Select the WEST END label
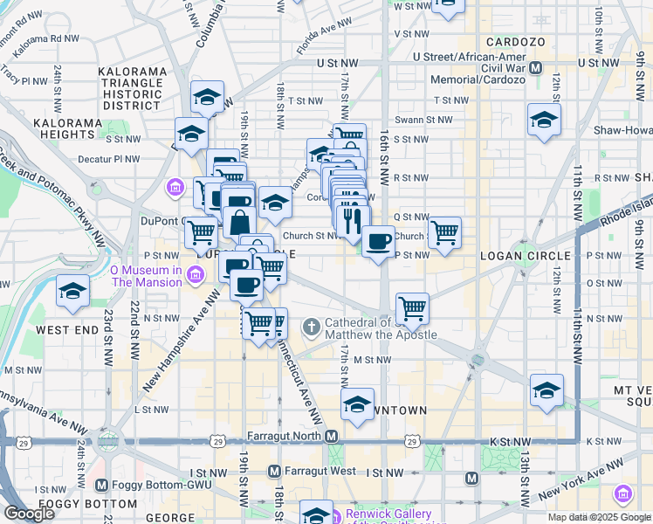click(65, 331)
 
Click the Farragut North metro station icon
click(331, 436)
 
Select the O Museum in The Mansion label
click(146, 276)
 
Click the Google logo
click(28, 514)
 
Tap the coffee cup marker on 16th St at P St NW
click(378, 241)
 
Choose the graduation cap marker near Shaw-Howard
click(544, 119)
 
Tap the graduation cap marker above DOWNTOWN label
click(357, 404)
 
